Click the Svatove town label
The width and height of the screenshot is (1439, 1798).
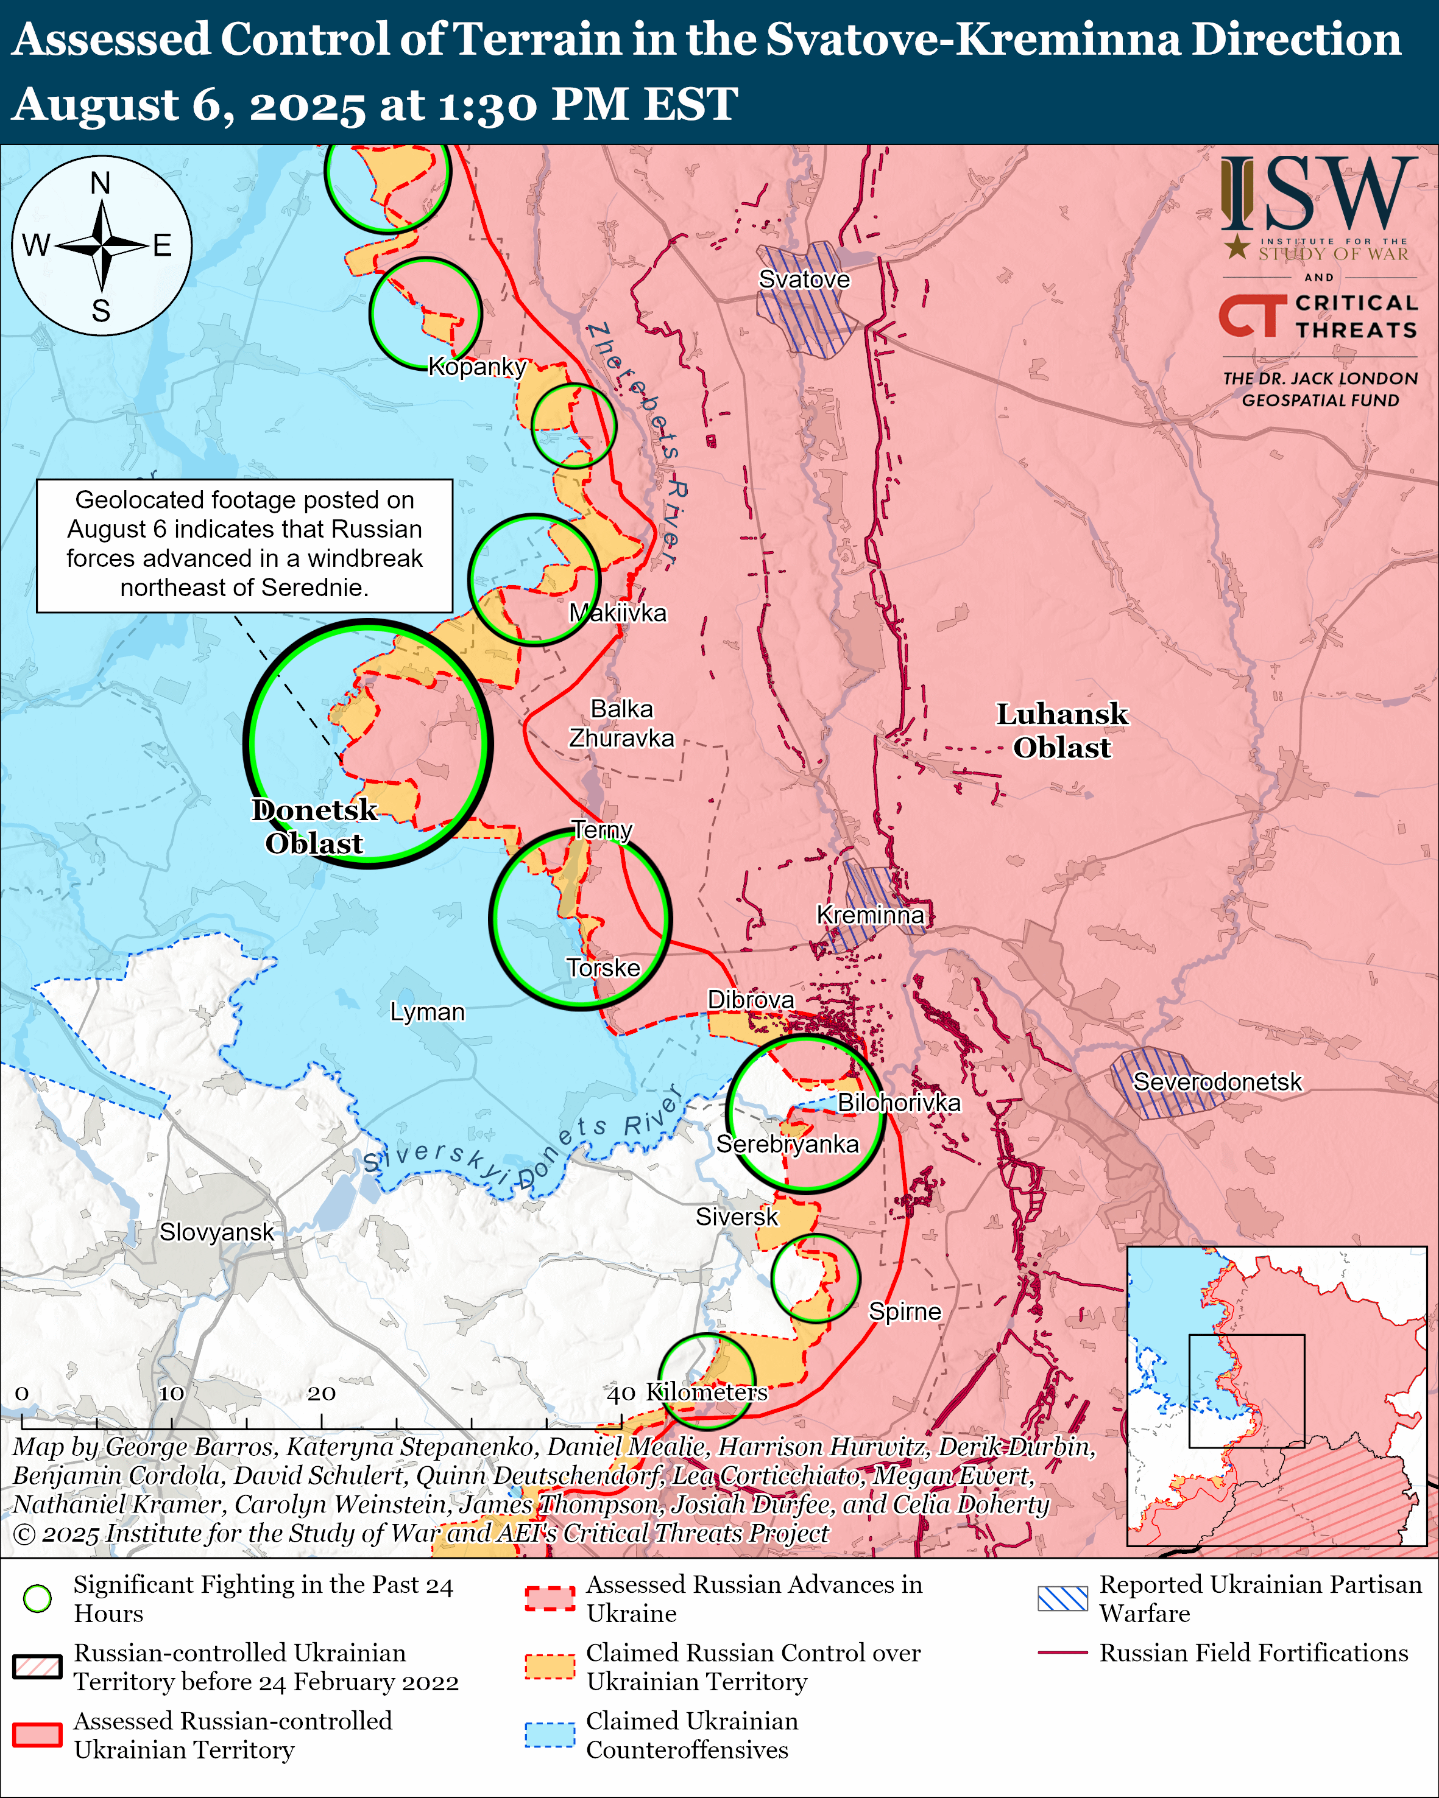804,279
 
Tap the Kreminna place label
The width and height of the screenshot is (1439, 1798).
869,915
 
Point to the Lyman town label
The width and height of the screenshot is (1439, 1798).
427,1011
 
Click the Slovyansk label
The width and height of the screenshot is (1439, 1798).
216,1232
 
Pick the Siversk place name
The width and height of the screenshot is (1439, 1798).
737,1217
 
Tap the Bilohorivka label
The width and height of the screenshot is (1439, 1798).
899,1103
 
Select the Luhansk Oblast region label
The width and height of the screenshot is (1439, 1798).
1061,731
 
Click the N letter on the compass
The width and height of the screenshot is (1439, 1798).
100,183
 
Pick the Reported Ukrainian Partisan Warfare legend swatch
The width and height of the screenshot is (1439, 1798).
1062,1598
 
